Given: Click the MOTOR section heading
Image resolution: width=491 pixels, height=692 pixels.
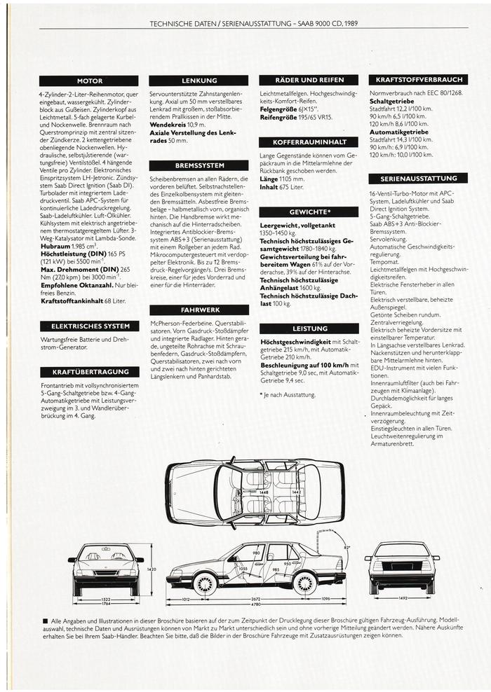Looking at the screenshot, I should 89,81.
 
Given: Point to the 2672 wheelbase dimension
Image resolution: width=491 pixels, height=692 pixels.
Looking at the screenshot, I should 256,599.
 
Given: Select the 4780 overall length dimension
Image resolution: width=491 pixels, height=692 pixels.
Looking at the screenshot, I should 256,604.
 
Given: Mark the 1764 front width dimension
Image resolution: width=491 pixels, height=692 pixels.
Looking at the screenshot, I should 106,604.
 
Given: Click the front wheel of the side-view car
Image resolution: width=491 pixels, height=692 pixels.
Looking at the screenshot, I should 205,583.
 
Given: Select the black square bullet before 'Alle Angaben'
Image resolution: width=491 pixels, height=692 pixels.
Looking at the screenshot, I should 44,621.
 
